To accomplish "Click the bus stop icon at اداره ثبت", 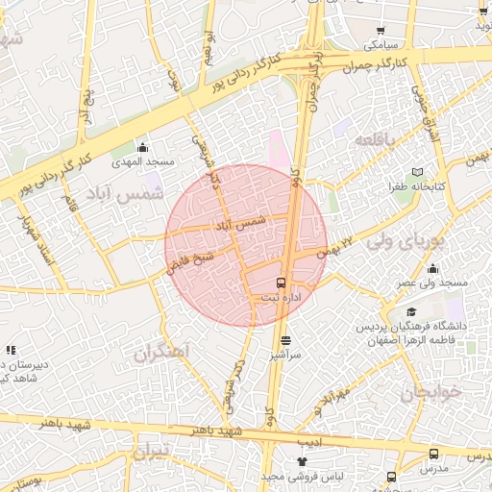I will point(281,283).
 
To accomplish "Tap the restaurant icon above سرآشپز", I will point(285,340).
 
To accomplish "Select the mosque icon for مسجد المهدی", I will point(143,147).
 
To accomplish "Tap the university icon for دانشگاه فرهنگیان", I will point(410,312).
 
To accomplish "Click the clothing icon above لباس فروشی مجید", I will point(302,462).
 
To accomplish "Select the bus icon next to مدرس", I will point(433,454).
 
